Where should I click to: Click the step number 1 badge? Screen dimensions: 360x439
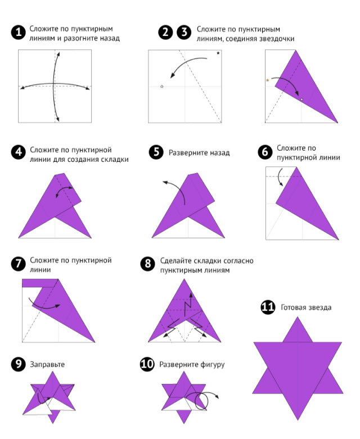[x=19, y=33]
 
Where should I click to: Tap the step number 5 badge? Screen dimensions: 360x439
[x=156, y=152]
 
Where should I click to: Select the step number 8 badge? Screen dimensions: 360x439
[x=147, y=264]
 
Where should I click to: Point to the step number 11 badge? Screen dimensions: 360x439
[x=268, y=307]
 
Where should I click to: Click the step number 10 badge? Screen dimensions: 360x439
[x=147, y=364]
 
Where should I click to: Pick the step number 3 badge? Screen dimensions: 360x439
[x=184, y=33]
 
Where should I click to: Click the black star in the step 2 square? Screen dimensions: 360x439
[x=218, y=53]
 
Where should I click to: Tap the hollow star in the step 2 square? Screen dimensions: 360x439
[x=161, y=87]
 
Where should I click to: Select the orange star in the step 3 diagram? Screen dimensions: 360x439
[x=268, y=80]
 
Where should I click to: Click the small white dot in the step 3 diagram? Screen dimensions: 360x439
[x=301, y=99]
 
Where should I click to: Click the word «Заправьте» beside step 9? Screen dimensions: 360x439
[x=47, y=365]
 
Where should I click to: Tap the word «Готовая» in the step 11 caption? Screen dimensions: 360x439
[x=293, y=307]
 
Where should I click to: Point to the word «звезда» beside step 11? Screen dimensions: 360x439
[x=319, y=307]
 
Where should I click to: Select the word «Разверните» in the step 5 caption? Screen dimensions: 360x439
[x=187, y=153]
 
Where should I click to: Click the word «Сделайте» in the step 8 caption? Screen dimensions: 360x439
[x=175, y=261]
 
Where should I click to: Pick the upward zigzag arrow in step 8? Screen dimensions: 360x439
[x=188, y=305]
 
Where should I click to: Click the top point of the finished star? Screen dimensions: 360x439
[x=298, y=317]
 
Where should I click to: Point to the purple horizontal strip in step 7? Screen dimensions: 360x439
[x=38, y=283]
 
